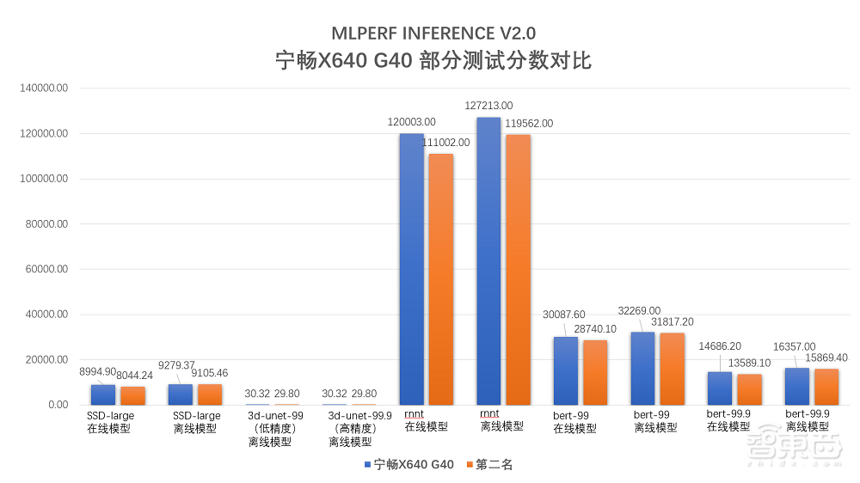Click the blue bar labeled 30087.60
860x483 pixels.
tap(565, 370)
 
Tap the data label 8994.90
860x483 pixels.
tap(98, 371)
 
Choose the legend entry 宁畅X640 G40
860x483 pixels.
tap(408, 465)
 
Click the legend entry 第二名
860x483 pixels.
tap(488, 465)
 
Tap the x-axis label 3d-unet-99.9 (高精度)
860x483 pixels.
tap(351, 428)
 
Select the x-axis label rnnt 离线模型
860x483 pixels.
tap(501, 420)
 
